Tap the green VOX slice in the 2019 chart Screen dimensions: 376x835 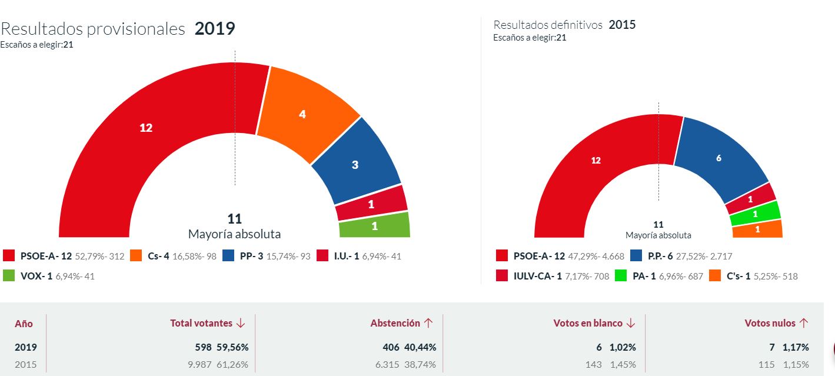[374, 225]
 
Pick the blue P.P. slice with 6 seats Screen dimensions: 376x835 [718, 157]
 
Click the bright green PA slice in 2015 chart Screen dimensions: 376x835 [755, 214]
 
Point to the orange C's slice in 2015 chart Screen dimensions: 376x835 [757, 229]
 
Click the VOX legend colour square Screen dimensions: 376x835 [9, 275]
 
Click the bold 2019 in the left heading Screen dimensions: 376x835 [215, 29]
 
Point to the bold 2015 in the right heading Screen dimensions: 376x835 [622, 25]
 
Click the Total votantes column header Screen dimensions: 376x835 [207, 323]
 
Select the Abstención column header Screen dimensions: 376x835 [401, 323]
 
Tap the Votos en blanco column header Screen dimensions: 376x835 [594, 323]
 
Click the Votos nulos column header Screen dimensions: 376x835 [776, 323]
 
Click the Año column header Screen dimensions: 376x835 [24, 324]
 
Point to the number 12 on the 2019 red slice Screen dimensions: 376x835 [146, 127]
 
